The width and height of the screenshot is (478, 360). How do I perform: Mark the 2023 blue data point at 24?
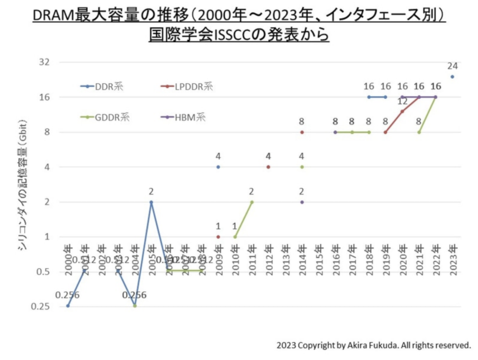coord(452,77)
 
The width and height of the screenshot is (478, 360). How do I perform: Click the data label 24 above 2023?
coord(452,66)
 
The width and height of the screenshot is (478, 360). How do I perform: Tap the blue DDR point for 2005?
coord(151,202)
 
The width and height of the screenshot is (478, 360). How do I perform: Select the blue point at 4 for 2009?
coord(218,167)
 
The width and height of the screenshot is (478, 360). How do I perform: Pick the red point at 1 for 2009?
coord(218,237)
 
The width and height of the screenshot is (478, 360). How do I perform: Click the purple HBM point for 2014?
coord(302,202)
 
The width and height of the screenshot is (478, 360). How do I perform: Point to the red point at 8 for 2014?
coord(302,132)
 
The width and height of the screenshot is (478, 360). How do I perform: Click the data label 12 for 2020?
coord(402,101)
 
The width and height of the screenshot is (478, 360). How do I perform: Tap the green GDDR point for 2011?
coord(252,202)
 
